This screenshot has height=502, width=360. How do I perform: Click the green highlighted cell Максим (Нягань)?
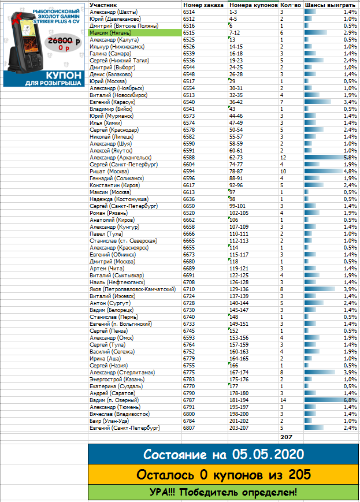pos(113,34)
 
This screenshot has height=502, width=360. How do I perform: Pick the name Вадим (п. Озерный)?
pos(114,400)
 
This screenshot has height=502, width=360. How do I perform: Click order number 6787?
pos(189,400)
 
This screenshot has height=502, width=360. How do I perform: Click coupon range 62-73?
pos(236,157)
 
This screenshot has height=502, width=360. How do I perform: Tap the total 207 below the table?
pos(288,437)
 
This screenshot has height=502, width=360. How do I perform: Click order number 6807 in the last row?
pos(189,427)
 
